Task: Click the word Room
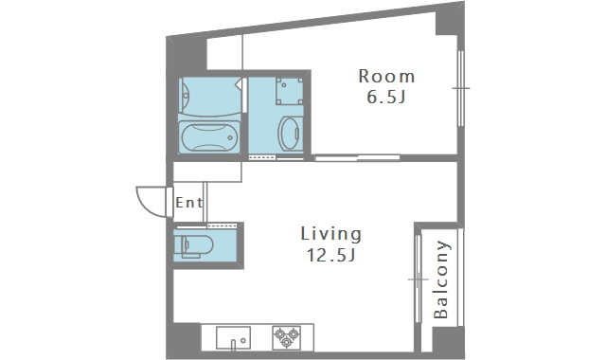tap(386, 76)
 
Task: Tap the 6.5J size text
tap(386, 97)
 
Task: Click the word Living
tap(331, 234)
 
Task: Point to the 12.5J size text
tap(331, 255)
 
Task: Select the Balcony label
tap(440, 279)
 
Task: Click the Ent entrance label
tap(189, 202)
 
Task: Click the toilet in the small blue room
tap(193, 245)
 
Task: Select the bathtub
tap(208, 137)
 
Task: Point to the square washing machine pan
tap(289, 91)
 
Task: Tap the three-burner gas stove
tap(286, 338)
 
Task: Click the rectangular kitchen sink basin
tap(233, 337)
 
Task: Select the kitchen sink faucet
tap(233, 344)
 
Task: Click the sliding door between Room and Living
tap(357, 157)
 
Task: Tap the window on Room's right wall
tap(460, 88)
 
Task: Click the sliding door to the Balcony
tap(418, 279)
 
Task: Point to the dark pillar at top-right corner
tap(450, 19)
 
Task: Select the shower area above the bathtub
tap(210, 97)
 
